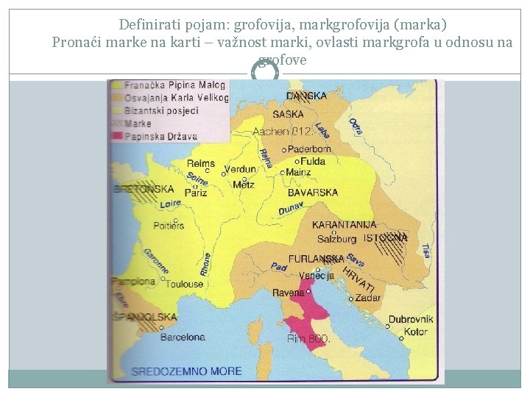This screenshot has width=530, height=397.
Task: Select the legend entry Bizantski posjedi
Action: [161, 110]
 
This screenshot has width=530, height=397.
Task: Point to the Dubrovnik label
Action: [411, 320]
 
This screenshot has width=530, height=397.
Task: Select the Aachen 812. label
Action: [283, 132]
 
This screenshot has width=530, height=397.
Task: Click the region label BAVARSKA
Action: [313, 193]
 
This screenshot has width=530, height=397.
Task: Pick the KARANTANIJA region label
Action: [344, 225]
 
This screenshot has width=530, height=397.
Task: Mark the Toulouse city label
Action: [183, 284]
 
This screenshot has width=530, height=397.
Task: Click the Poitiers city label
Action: [169, 226]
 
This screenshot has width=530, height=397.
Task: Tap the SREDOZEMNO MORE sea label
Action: [186, 371]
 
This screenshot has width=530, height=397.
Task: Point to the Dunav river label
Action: [291, 209]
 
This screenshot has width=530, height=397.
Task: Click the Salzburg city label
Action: [336, 239]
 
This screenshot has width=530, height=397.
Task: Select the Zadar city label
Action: [367, 298]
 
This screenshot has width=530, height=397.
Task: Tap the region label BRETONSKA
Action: [144, 189]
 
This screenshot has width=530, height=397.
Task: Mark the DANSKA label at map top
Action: [306, 96]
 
